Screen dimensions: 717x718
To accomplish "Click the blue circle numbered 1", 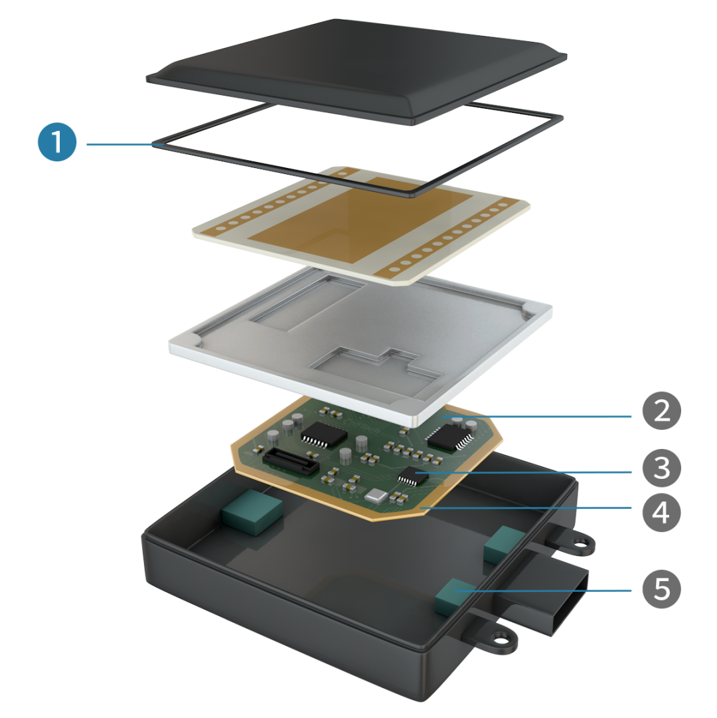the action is [57, 142].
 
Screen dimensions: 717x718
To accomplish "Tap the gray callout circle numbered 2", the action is [661, 410].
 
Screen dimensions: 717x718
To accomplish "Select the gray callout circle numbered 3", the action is [661, 468].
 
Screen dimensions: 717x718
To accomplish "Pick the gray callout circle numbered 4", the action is [661, 512].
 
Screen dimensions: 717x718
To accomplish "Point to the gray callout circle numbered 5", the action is [661, 589].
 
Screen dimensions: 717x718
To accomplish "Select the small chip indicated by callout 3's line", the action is [413, 476].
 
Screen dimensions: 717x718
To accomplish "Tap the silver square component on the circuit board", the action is [376, 495].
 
